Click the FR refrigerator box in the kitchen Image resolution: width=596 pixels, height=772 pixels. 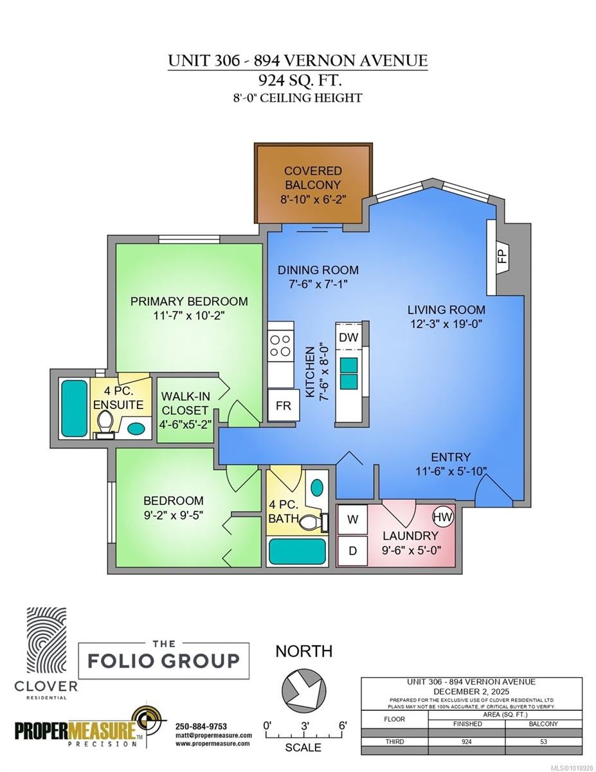(283, 407)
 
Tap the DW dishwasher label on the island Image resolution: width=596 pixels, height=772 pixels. (348, 337)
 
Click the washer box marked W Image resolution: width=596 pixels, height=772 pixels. (352, 520)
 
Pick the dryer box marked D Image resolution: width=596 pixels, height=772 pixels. (352, 551)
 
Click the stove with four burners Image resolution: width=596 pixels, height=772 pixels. (281, 345)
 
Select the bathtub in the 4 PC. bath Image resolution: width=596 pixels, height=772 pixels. (297, 551)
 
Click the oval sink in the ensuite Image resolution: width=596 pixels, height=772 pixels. (136, 427)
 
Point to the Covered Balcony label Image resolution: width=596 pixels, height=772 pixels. (313, 185)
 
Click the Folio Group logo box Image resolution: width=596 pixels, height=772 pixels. (164, 661)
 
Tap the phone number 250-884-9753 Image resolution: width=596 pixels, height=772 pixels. (201, 726)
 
